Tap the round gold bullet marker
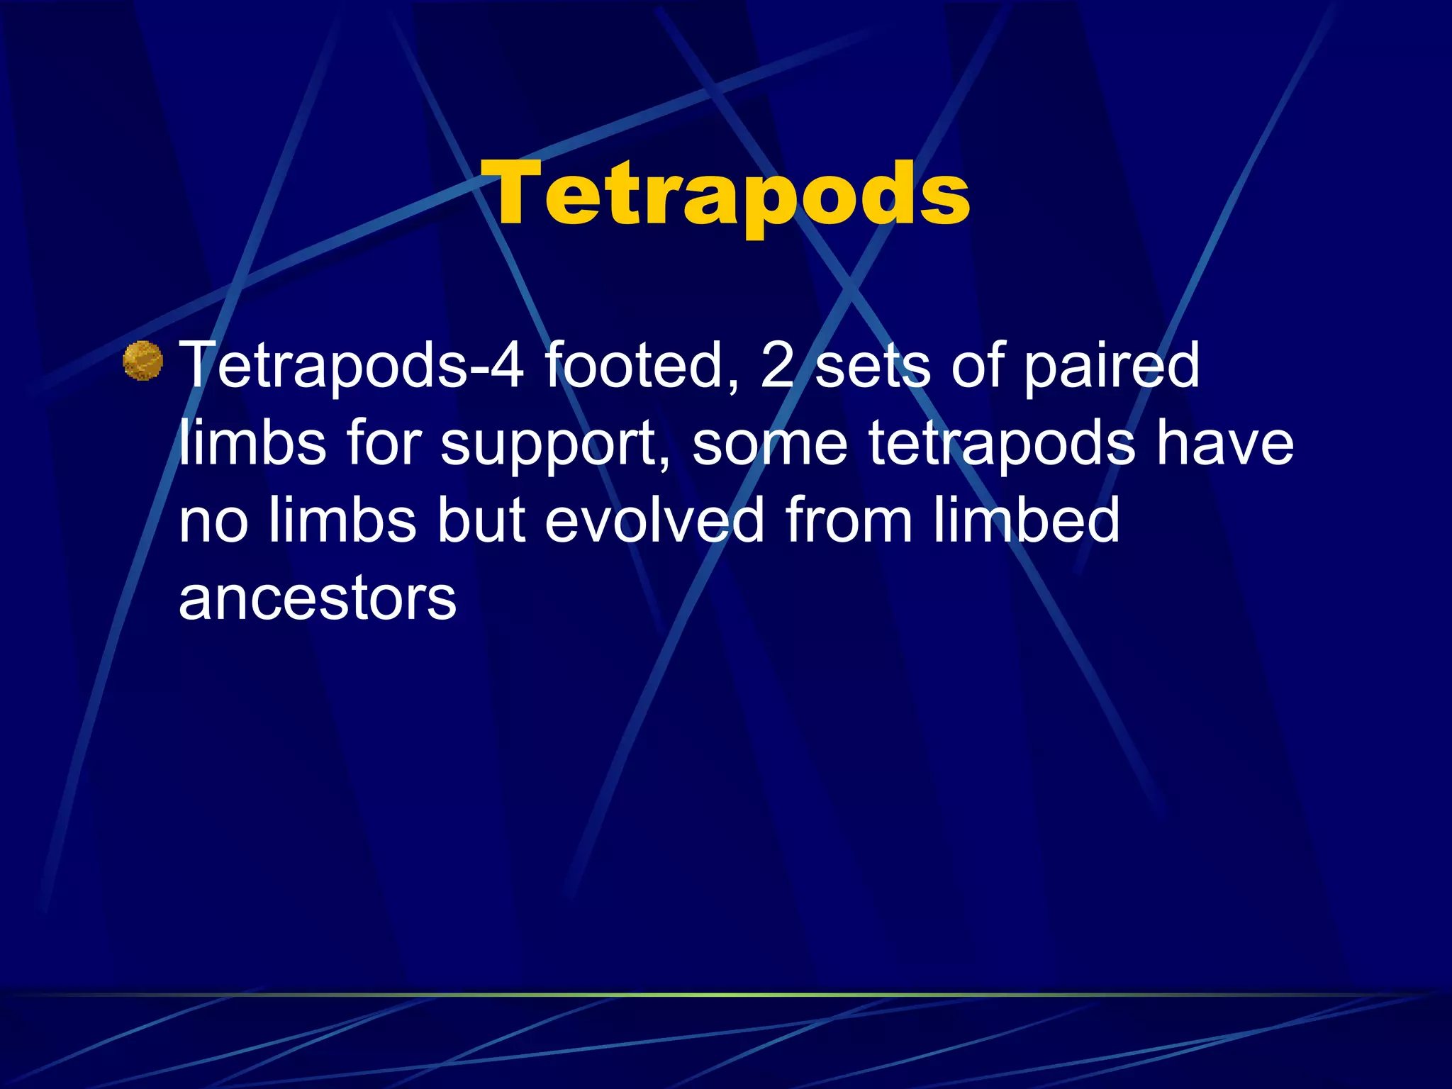(x=143, y=361)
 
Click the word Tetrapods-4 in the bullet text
(x=352, y=366)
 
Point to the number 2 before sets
(x=776, y=366)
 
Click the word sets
(x=873, y=366)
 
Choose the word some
(x=769, y=444)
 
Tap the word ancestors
(x=318, y=598)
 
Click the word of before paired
(x=978, y=366)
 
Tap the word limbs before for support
(x=252, y=444)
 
